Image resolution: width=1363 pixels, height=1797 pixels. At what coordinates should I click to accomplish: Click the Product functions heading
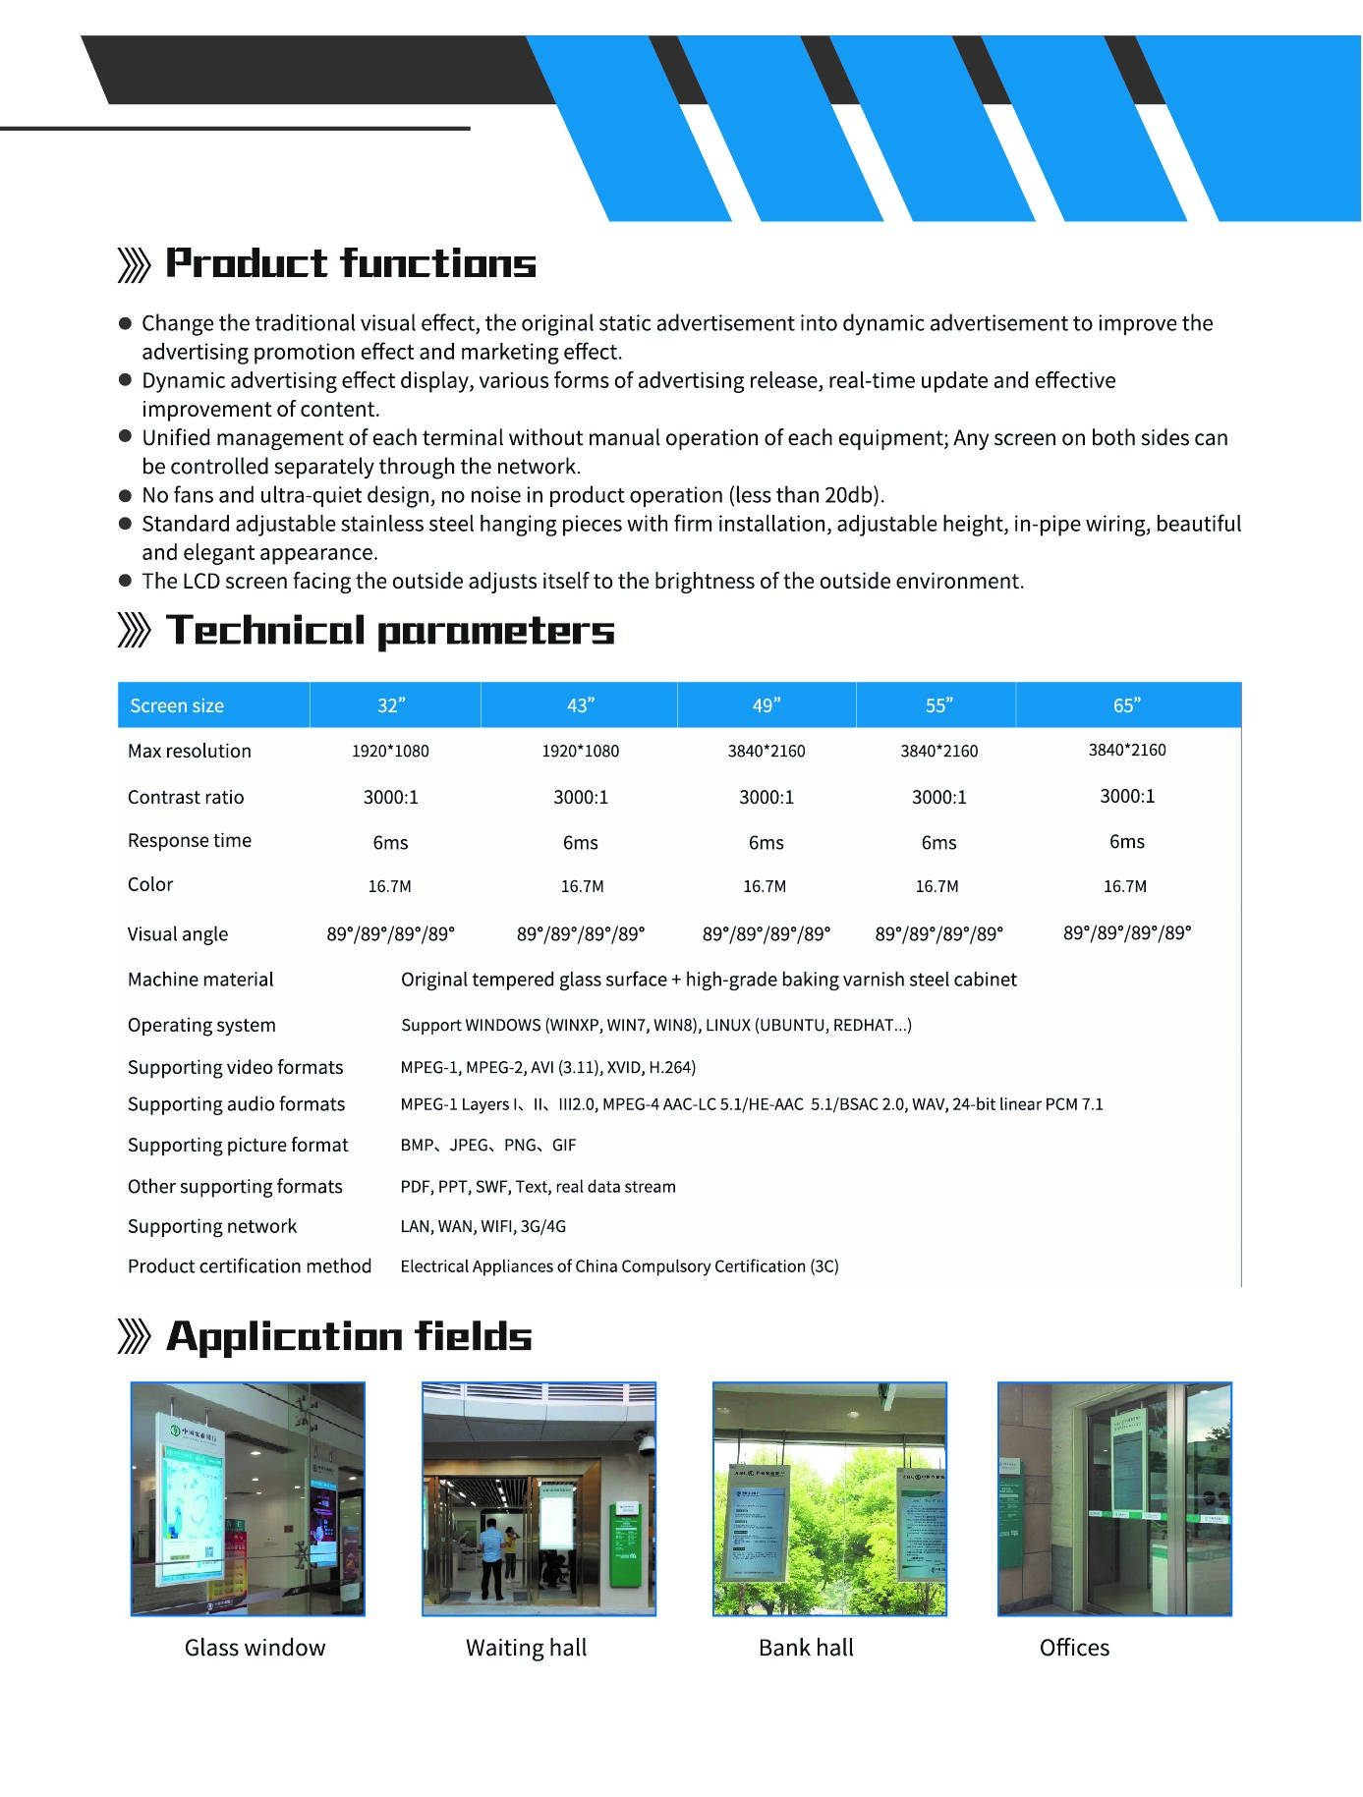pos(350,263)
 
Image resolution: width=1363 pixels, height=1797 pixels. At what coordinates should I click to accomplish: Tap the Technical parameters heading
pos(390,631)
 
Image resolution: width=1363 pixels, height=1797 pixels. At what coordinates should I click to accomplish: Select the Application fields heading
pos(349,1336)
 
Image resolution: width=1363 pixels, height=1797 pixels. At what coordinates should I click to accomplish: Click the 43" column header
pos(581,705)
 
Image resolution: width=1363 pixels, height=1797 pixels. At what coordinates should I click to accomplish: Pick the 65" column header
pos(1126,705)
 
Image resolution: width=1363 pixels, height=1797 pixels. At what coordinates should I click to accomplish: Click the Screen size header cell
pos(177,705)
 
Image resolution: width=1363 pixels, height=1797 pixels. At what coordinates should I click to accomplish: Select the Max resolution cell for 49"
pos(767,751)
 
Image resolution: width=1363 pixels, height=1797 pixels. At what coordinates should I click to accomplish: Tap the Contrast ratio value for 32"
pos(391,797)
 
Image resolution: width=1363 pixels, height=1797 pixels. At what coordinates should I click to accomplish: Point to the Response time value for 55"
pos(938,842)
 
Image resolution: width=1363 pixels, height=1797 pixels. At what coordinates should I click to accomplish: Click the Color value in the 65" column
pos(1125,886)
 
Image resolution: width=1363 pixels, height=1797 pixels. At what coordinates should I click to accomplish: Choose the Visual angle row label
pos(178,933)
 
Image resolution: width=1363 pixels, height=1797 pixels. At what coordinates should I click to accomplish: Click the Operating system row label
pos(201,1025)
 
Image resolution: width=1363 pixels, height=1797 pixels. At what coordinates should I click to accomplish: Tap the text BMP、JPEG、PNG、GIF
pos(488,1145)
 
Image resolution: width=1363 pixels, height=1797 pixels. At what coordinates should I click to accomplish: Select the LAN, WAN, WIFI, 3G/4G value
pos(483,1226)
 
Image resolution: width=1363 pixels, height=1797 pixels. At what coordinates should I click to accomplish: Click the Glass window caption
pos(255,1648)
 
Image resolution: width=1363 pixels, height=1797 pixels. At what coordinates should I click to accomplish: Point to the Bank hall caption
pos(806,1648)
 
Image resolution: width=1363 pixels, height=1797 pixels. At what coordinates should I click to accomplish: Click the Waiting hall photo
pos(539,1498)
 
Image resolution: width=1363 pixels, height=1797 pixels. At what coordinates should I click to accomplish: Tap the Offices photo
pos(1114,1498)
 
